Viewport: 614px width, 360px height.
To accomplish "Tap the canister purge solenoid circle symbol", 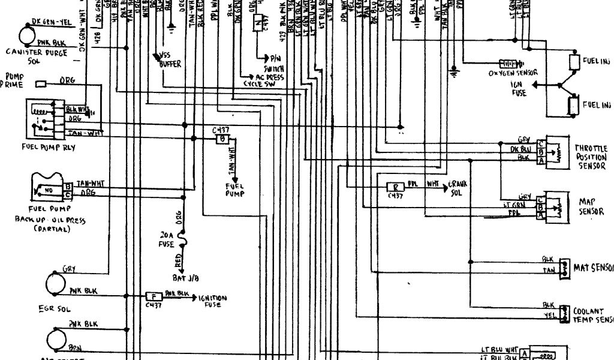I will [x=28, y=35].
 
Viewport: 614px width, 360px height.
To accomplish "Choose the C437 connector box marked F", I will [x=153, y=296].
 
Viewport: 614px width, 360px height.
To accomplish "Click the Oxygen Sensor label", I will [x=513, y=73].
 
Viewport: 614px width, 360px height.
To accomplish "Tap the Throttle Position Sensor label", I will [x=591, y=157].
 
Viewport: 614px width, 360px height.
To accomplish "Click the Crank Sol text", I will [x=458, y=187].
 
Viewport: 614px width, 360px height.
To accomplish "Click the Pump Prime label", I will [x=13, y=81].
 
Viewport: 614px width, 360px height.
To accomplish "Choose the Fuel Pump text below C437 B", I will [x=234, y=190].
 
